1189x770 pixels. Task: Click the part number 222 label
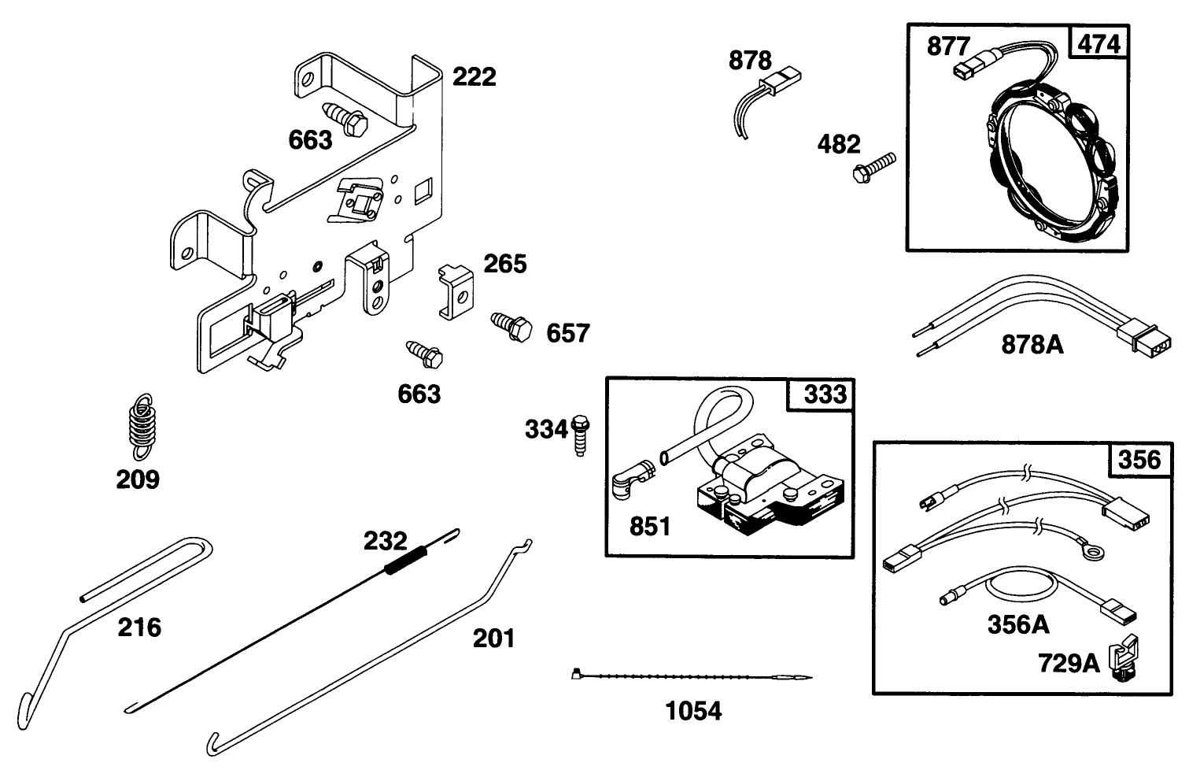474,76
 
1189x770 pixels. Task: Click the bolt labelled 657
512,325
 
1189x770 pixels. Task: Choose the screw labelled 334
582,435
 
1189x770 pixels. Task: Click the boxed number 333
824,394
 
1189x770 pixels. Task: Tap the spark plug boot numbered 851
633,476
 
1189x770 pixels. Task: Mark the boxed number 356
1138,460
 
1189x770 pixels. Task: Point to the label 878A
1032,343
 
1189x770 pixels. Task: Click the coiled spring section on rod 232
406,560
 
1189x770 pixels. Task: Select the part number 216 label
139,627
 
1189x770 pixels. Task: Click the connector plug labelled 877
966,69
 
